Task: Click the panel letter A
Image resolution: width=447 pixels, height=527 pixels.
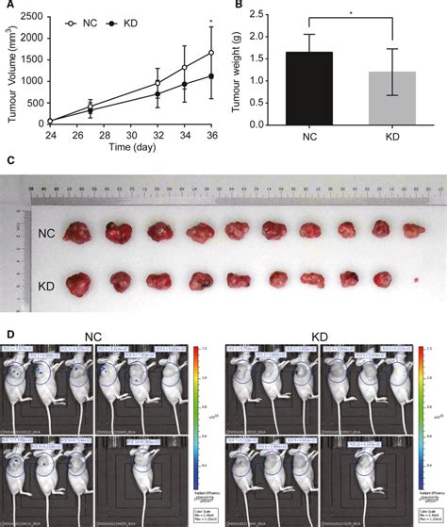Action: click(x=8, y=7)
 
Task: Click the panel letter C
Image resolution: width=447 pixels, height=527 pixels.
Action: click(x=8, y=162)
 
